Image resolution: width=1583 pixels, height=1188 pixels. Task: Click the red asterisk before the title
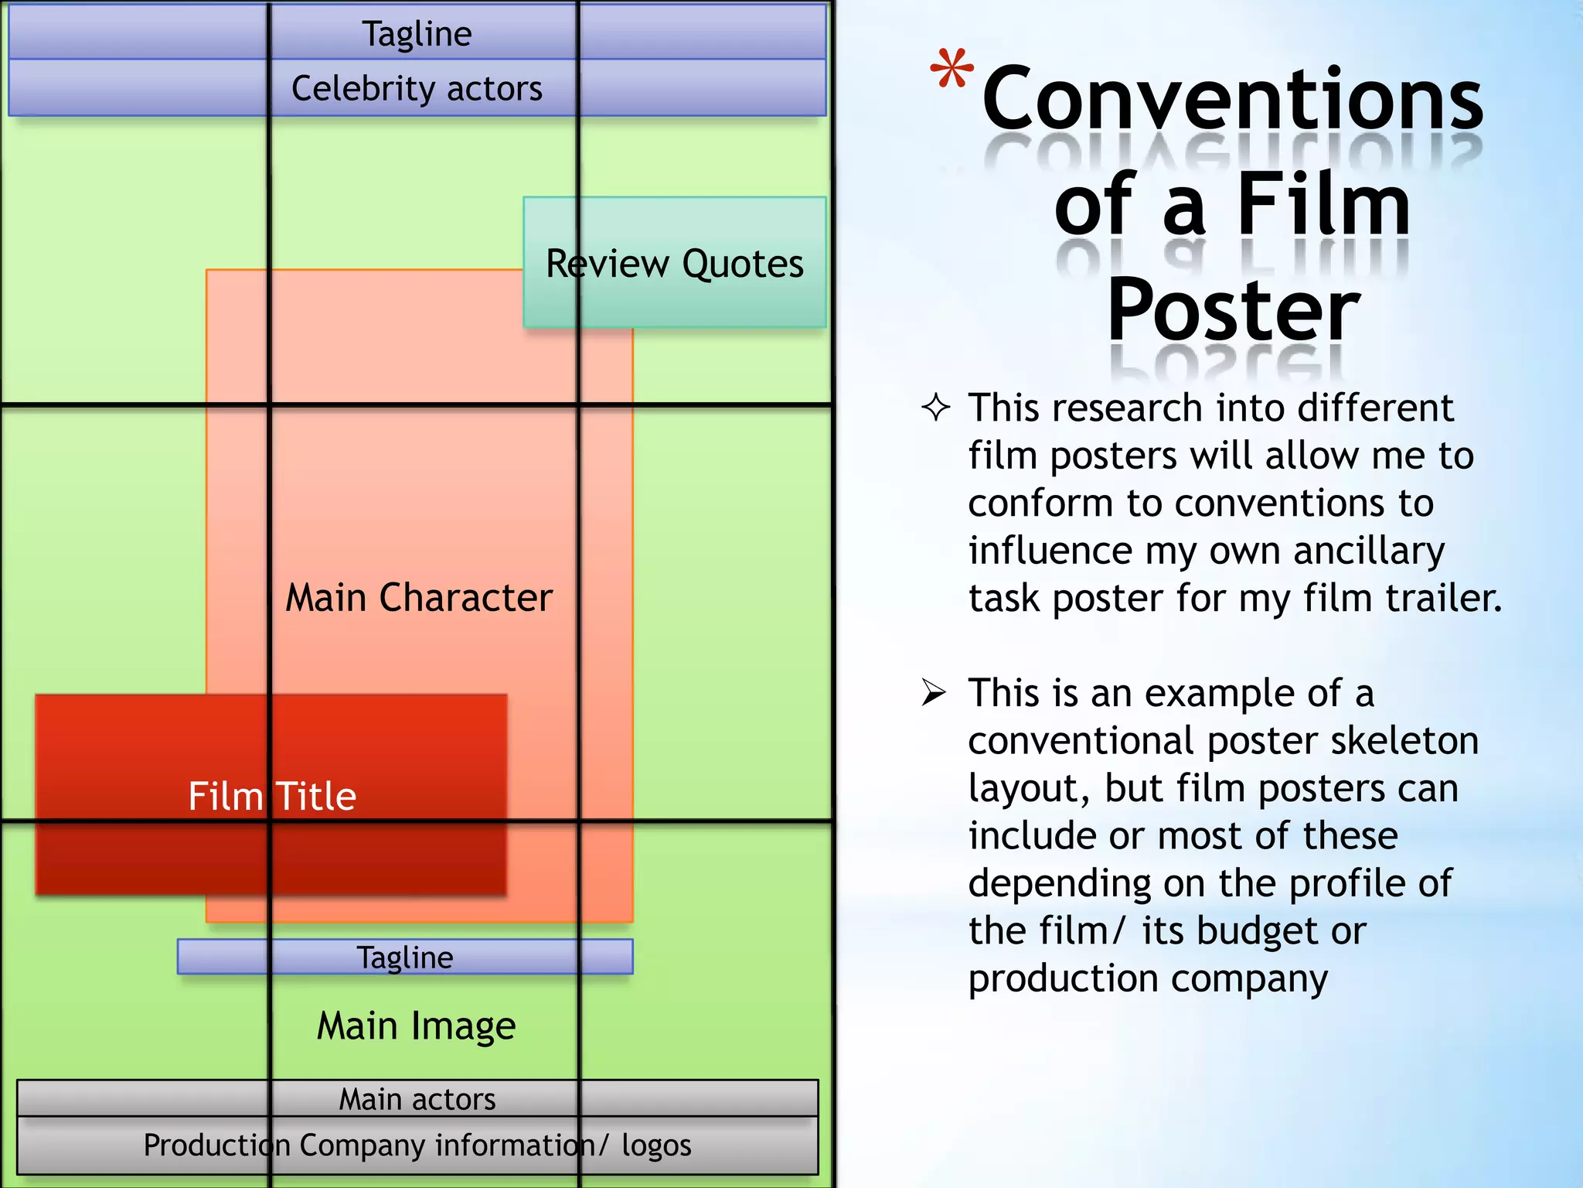point(952,70)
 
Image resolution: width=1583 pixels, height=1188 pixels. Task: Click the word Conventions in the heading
point(1232,99)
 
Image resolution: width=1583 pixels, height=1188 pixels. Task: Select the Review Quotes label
point(674,264)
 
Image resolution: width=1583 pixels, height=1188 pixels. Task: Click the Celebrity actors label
point(417,88)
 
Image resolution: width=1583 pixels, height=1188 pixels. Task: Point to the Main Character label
point(419,597)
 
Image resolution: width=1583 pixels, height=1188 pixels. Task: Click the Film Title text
point(272,796)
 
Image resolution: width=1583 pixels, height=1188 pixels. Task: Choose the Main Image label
point(416,1026)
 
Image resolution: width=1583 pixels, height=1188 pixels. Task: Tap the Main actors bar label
point(417,1099)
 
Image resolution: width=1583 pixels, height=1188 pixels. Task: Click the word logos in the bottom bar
point(656,1145)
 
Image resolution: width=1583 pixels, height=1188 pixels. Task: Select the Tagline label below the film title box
point(405,958)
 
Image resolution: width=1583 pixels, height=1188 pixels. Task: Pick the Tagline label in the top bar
point(417,34)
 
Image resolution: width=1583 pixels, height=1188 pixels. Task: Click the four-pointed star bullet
point(935,408)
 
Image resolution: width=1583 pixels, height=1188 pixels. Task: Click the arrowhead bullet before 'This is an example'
point(934,692)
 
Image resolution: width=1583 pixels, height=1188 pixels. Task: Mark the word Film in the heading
point(1323,205)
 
